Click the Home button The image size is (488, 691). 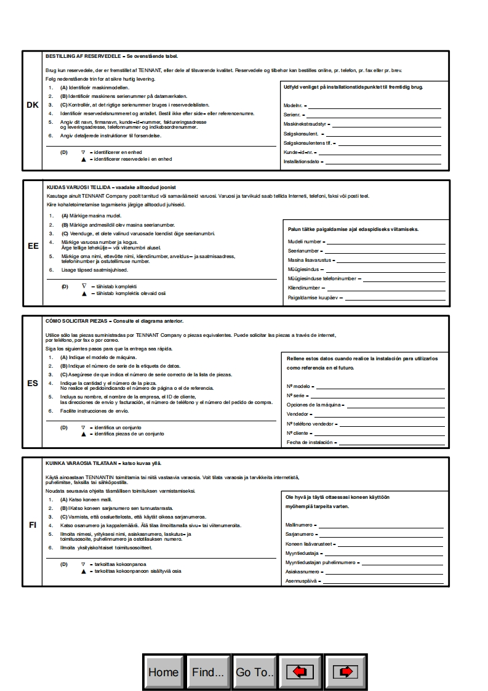tap(163, 672)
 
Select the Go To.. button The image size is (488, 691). tap(254, 672)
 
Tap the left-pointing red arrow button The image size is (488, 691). tap(300, 672)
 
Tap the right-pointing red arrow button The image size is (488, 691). tap(345, 672)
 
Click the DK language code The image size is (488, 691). tap(33, 105)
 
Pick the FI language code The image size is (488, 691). tap(33, 525)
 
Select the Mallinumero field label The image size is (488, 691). tap(300, 525)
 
